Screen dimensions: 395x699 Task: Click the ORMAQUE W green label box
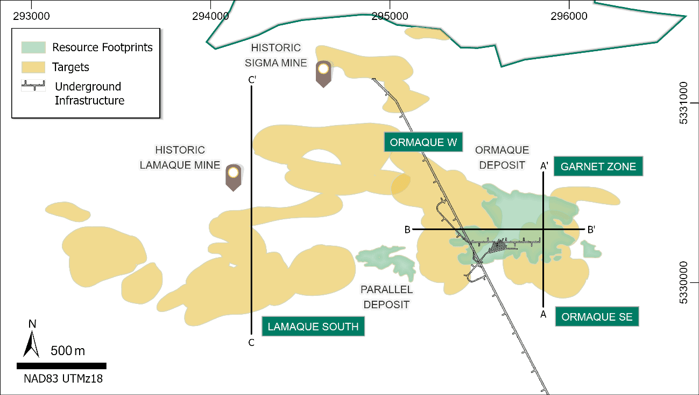pos(423,142)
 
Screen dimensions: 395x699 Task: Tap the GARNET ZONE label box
pos(598,167)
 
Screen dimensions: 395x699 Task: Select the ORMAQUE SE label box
pos(597,316)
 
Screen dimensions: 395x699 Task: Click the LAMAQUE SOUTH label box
pos(313,327)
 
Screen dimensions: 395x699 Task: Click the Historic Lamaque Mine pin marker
pos(233,177)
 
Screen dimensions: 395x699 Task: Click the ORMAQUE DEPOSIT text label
pos(502,157)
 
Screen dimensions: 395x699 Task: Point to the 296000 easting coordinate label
pos(570,16)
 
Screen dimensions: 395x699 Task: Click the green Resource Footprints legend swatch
pos(33,47)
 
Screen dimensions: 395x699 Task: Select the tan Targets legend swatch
pos(33,67)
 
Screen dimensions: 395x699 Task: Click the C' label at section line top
pos(252,80)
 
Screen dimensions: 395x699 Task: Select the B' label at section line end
pos(591,230)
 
